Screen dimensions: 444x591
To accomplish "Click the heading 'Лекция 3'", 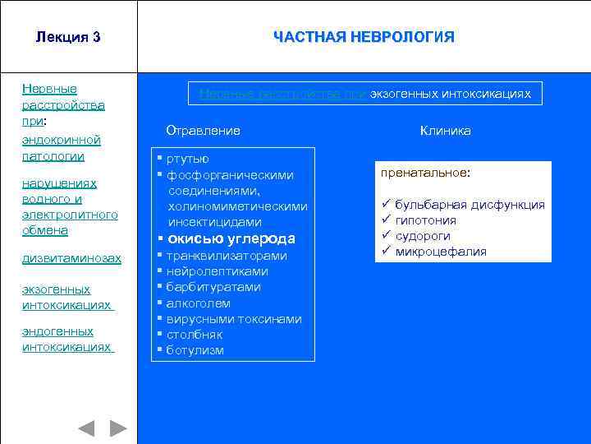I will coord(68,37).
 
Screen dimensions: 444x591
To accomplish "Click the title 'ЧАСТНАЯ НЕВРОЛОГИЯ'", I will coord(364,37).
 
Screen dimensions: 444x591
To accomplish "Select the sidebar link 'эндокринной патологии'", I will coord(61,148).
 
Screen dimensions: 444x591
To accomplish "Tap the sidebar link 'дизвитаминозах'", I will coord(71,258).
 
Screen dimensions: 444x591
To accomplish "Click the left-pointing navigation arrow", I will coord(86,428).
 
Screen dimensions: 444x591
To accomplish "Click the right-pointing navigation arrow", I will coord(118,428).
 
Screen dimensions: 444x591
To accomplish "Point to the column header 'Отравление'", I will coord(203,131).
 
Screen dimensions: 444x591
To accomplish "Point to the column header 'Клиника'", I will coord(445,131).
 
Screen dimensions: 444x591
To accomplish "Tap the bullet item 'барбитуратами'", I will coord(213,287).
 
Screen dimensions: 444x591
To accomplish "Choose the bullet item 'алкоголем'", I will coord(198,303).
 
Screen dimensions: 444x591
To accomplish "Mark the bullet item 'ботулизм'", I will coord(195,350).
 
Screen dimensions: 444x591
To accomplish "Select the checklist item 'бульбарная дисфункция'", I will coord(469,205).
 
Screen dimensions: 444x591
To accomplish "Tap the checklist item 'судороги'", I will coord(424,236).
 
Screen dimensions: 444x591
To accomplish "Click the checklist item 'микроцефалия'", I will coord(440,252).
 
